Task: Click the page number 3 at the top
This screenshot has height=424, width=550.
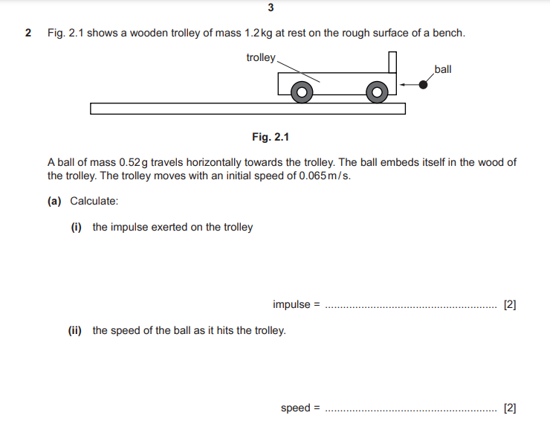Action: coord(270,8)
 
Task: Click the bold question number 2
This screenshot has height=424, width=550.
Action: coord(28,33)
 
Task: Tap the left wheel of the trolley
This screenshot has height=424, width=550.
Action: coord(301,92)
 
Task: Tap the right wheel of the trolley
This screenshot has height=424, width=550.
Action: coord(377,92)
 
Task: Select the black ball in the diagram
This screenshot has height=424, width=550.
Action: coord(424,85)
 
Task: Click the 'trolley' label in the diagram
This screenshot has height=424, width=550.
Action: coord(260,57)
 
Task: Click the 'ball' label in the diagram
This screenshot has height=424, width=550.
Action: coord(443,69)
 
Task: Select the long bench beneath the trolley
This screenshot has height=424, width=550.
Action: coord(247,109)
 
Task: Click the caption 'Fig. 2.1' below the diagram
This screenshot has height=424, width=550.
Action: coord(270,137)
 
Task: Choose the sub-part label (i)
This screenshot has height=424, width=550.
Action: coord(77,227)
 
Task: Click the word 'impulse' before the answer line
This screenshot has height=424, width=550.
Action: coord(291,304)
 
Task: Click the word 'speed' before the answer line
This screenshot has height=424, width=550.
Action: coord(296,408)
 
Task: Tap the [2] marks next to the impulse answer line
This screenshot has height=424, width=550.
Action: coord(510,304)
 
